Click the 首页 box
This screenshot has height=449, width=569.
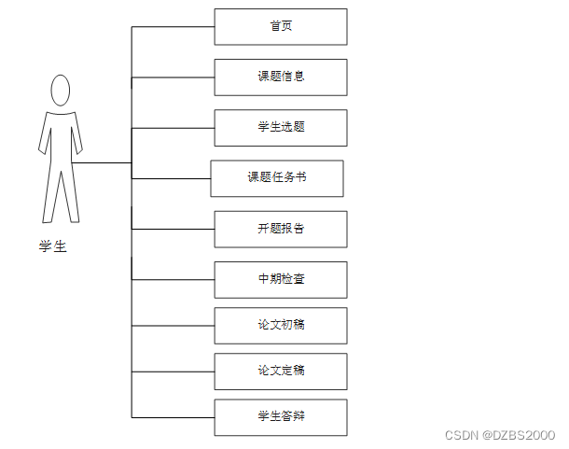281,27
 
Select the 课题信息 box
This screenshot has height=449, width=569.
281,77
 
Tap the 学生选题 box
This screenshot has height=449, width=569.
281,127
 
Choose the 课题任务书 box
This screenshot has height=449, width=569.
277,178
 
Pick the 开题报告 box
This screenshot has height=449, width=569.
281,229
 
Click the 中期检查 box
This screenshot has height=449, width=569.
281,279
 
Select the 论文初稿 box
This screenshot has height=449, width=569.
281,325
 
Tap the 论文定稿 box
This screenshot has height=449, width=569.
281,371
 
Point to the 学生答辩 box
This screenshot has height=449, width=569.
281,416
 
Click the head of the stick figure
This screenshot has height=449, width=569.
61,91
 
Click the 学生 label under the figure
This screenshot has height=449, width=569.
53,247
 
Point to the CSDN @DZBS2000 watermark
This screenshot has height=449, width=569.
500,436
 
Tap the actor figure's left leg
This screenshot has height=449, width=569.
50,196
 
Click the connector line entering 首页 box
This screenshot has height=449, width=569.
173,27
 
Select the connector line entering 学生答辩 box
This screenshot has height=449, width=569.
173,416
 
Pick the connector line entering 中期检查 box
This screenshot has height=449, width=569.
173,279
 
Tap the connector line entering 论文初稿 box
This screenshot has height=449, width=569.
173,325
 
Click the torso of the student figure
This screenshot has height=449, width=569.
61,140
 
